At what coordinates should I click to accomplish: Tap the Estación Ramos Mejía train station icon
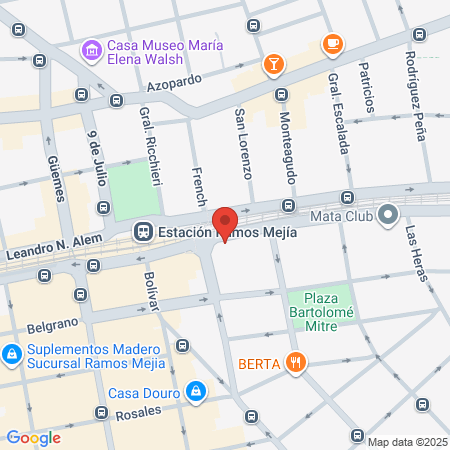pos(143,232)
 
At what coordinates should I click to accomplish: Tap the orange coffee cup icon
pos(331,44)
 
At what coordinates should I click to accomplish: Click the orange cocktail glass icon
pos(272,65)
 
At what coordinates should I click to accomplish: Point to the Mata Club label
pos(342,214)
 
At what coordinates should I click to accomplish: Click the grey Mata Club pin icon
pos(388,213)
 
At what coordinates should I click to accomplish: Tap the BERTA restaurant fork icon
pos(294,362)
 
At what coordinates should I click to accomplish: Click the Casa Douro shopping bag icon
pos(197,389)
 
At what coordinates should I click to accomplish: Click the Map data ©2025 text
pos(406,442)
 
